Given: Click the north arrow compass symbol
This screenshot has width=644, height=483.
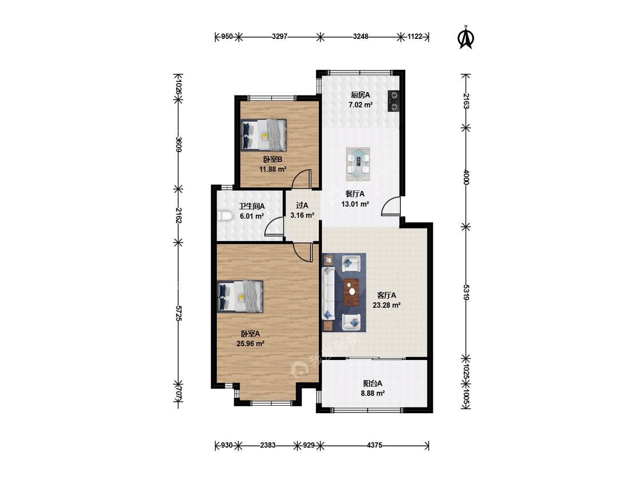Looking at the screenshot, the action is pyautogui.click(x=466, y=38).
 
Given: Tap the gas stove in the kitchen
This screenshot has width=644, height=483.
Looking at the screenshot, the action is pyautogui.click(x=393, y=101).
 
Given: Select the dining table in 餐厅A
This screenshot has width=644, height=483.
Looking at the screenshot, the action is pyautogui.click(x=358, y=164).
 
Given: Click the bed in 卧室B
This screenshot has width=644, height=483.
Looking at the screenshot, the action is pyautogui.click(x=263, y=134).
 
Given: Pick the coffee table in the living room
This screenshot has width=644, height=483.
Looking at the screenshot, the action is pyautogui.click(x=351, y=292).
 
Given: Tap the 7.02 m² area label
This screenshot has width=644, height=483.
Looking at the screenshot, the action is pyautogui.click(x=361, y=105).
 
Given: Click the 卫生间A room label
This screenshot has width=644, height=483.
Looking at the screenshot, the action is pyautogui.click(x=252, y=206).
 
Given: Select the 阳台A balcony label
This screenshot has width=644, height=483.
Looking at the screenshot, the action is pyautogui.click(x=373, y=383).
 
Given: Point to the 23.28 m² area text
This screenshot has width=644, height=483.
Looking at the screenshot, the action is pyautogui.click(x=386, y=305).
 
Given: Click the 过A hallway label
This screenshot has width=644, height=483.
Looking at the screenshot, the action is pyautogui.click(x=302, y=205).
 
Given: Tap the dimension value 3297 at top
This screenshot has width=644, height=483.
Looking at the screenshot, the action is pyautogui.click(x=280, y=37).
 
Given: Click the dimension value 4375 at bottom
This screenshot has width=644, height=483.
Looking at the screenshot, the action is pyautogui.click(x=374, y=445).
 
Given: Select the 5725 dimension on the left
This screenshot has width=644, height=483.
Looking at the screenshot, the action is pyautogui.click(x=178, y=313).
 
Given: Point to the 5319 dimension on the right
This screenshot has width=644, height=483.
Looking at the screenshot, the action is pyautogui.click(x=466, y=292).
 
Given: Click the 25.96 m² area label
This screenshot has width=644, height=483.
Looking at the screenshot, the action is pyautogui.click(x=250, y=344).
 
